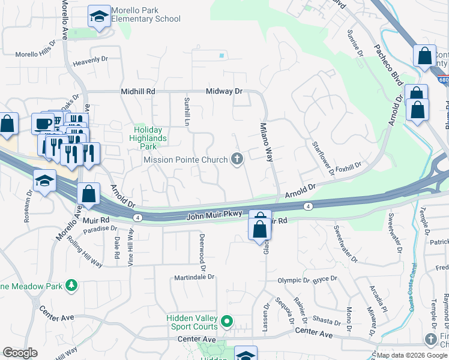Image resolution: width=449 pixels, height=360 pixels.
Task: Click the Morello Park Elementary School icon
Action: coord(99,17)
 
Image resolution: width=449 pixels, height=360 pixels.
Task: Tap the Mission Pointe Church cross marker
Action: coord(237,159)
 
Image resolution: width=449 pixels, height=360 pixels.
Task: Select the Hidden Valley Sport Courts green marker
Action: coord(227,322)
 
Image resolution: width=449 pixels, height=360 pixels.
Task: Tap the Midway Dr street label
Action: coord(223,91)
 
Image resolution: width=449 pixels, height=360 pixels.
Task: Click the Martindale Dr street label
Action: coord(194,277)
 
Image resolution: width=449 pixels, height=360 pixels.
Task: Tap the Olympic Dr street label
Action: coord(292,280)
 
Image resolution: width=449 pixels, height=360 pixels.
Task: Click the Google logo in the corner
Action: coord(20,353)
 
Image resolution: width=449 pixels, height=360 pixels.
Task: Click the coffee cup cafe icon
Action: coord(42,124)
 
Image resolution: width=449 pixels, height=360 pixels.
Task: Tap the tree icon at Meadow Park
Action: coord(71,285)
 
